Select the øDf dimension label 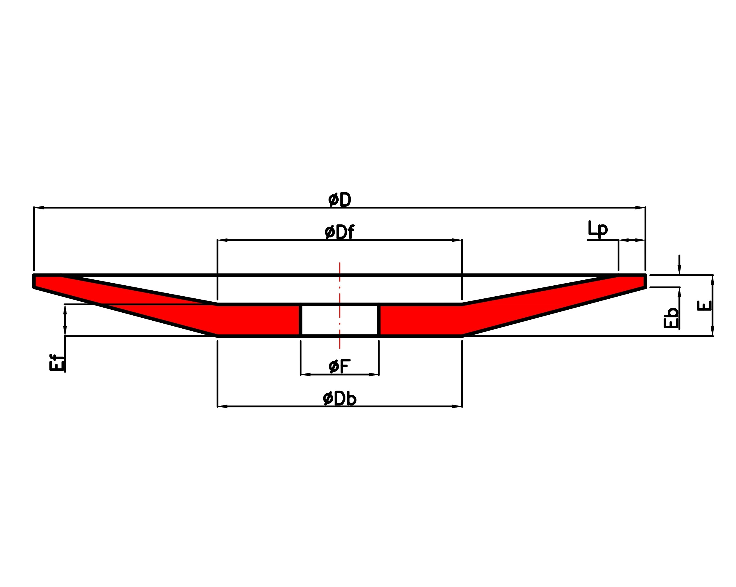[x=339, y=232]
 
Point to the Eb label [x=671, y=318]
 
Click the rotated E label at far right [x=704, y=306]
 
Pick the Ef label [x=57, y=362]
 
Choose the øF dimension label [x=339, y=366]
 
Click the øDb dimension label [x=339, y=398]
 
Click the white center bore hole [x=340, y=320]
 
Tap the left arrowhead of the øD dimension [x=39, y=208]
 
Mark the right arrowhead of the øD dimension [x=640, y=208]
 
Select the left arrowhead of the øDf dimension [x=223, y=240]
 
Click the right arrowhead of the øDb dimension [x=457, y=406]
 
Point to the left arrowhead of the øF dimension [x=305, y=375]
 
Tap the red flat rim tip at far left [x=48, y=281]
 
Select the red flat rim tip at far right [x=632, y=281]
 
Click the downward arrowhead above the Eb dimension [x=679, y=270]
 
